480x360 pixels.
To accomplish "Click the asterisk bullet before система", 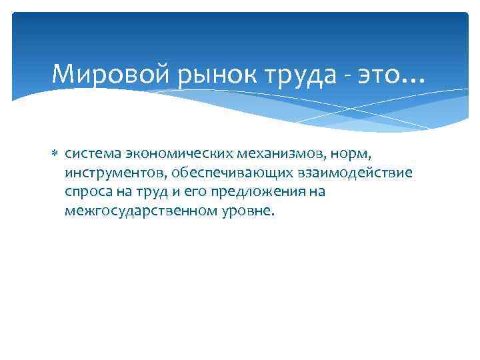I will tap(55, 154).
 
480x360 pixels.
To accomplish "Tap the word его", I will tap(196, 193).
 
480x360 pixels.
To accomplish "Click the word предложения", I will tap(256, 193).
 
